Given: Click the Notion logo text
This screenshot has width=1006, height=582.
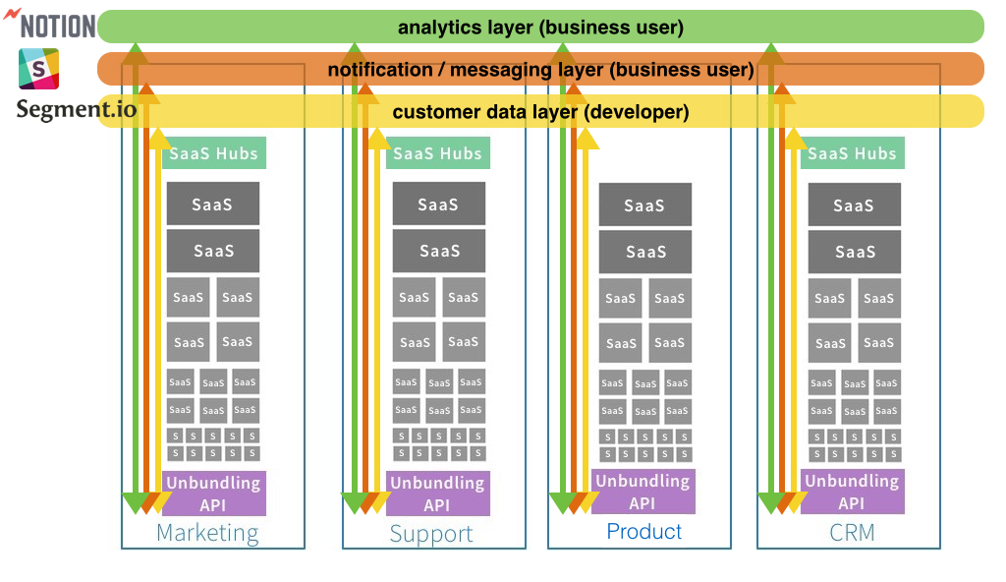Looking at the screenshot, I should click(x=57, y=26).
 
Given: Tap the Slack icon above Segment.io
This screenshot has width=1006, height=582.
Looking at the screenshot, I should click(x=39, y=69).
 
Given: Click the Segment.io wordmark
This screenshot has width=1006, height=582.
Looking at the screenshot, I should click(x=77, y=108).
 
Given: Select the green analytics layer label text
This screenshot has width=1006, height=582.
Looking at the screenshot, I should click(x=540, y=28).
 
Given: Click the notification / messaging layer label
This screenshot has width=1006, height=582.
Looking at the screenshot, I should click(x=540, y=70).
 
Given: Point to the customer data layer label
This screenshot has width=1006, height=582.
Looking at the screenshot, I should click(x=540, y=112).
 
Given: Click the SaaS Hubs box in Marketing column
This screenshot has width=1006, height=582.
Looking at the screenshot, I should click(x=213, y=153).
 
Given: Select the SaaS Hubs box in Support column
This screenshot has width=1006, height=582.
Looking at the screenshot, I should click(x=437, y=153).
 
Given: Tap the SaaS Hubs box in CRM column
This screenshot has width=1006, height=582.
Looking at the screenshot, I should click(x=852, y=153).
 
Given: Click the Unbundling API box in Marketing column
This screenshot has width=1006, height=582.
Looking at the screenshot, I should click(x=213, y=494).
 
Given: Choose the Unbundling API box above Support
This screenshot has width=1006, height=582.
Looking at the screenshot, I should click(x=437, y=494).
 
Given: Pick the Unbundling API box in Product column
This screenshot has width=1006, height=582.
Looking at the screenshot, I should click(x=643, y=492).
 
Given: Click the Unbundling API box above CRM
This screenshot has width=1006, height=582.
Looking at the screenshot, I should click(x=852, y=492).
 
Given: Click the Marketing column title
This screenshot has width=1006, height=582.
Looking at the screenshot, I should click(x=207, y=533).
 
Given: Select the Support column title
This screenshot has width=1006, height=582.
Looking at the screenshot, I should click(x=431, y=534).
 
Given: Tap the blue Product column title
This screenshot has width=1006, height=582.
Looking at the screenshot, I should click(x=643, y=532).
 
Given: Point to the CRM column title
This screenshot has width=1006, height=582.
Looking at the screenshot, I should click(x=851, y=533).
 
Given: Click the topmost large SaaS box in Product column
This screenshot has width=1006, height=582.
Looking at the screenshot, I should click(x=645, y=204).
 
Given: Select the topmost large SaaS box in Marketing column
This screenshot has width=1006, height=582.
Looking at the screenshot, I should click(x=213, y=204).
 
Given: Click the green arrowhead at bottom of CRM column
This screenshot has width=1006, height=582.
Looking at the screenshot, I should click(x=770, y=503).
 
